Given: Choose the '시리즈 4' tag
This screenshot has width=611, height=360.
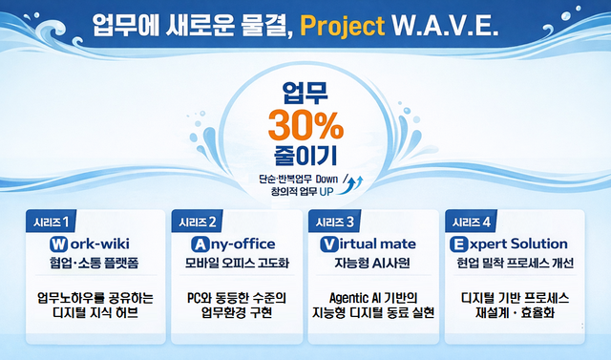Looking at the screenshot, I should coord(472,222).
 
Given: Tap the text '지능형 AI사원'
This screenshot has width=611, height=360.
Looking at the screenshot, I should coord(373,264).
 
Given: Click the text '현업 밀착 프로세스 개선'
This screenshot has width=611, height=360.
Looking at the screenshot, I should coord(515,264).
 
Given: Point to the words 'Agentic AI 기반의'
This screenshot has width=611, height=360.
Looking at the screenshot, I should coord(373,296).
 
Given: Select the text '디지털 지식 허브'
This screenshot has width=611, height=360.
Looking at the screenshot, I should coord(94,313).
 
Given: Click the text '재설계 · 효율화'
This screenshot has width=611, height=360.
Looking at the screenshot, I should coord(515,313).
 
